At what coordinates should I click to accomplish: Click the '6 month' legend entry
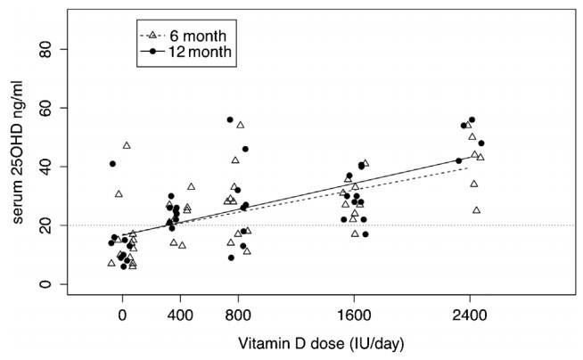coord(198,36)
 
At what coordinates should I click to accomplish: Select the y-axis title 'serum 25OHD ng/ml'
coord(27,167)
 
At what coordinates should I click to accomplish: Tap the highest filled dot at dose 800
coord(230,119)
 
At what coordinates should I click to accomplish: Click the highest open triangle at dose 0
coord(127,145)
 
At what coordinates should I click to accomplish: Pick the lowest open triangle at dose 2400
coord(477,210)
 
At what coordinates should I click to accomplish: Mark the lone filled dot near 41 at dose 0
coord(112,164)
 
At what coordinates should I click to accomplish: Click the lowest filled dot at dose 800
coord(231,258)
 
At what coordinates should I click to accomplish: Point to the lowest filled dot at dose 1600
coord(365,234)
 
